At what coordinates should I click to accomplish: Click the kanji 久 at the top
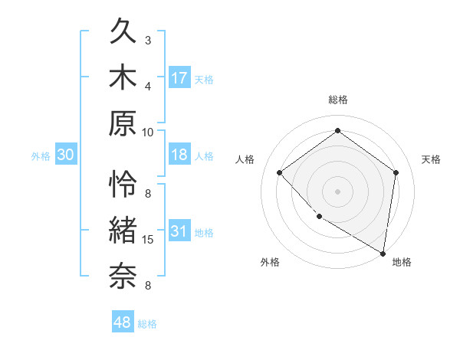(x=124, y=31)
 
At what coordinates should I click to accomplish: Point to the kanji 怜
(x=124, y=184)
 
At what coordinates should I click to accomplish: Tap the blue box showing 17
(x=179, y=77)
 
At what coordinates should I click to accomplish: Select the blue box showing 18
(x=179, y=155)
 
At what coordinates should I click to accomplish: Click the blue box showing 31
(x=179, y=231)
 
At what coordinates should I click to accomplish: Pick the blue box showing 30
(x=65, y=155)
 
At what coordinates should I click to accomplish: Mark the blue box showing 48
(x=123, y=322)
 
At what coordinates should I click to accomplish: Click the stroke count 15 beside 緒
(x=148, y=240)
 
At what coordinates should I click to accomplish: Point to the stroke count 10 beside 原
(x=148, y=132)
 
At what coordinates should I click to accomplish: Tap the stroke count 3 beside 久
(x=148, y=40)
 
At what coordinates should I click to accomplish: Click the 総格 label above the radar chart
(x=338, y=100)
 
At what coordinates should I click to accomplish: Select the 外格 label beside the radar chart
(x=270, y=262)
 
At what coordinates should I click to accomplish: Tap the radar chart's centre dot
(x=337, y=191)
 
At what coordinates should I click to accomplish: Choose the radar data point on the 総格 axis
(x=337, y=131)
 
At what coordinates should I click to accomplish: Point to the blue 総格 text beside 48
(x=147, y=324)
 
